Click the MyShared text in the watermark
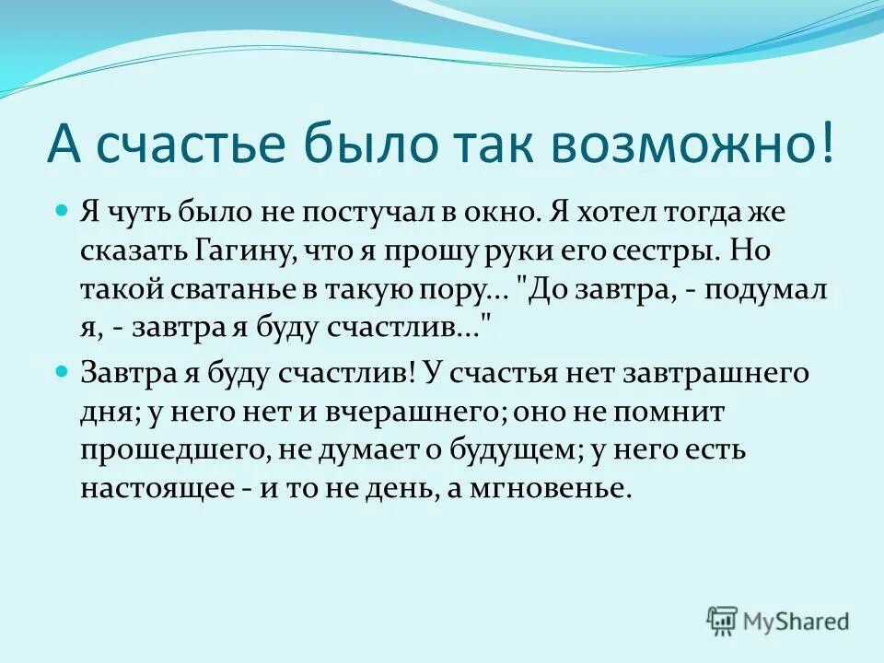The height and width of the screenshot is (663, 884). (x=797, y=622)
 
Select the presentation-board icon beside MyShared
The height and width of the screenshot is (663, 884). (x=723, y=622)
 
